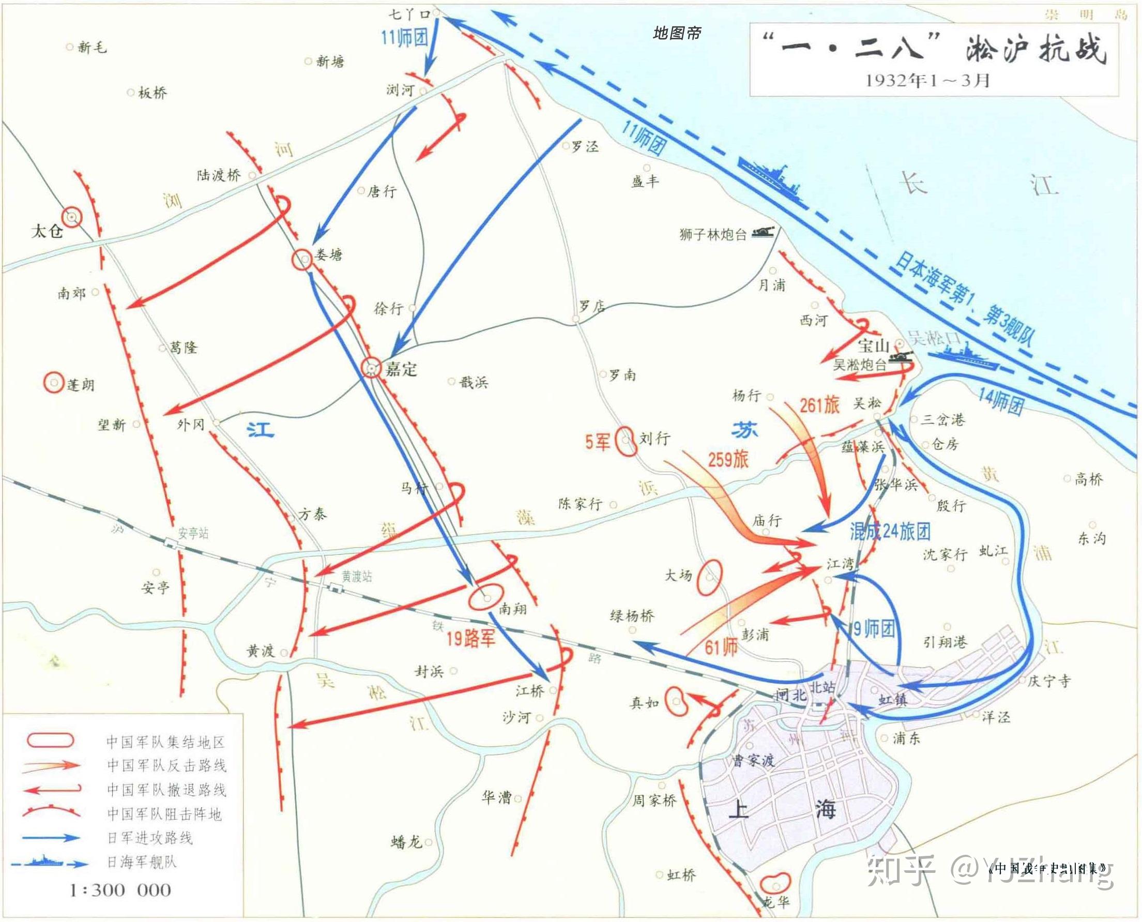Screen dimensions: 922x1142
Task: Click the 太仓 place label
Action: point(47,231)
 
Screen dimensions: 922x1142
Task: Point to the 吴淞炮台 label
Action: point(860,365)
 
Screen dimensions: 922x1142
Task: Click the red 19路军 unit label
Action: point(470,638)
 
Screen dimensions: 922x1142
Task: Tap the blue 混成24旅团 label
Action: point(890,532)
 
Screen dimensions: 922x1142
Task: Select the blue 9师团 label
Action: point(874,629)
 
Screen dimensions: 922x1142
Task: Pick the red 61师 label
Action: point(721,647)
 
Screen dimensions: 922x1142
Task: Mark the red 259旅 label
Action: point(728,459)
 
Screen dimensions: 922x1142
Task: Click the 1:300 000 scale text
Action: point(120,889)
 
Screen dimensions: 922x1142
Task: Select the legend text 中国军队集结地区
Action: point(165,742)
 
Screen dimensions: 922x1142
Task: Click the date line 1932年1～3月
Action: point(927,80)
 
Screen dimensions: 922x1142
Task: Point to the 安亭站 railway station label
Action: point(193,533)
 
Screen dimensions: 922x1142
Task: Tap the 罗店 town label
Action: point(592,307)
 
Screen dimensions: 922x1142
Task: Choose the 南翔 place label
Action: point(512,608)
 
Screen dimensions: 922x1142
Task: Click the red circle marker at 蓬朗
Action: point(54,383)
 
